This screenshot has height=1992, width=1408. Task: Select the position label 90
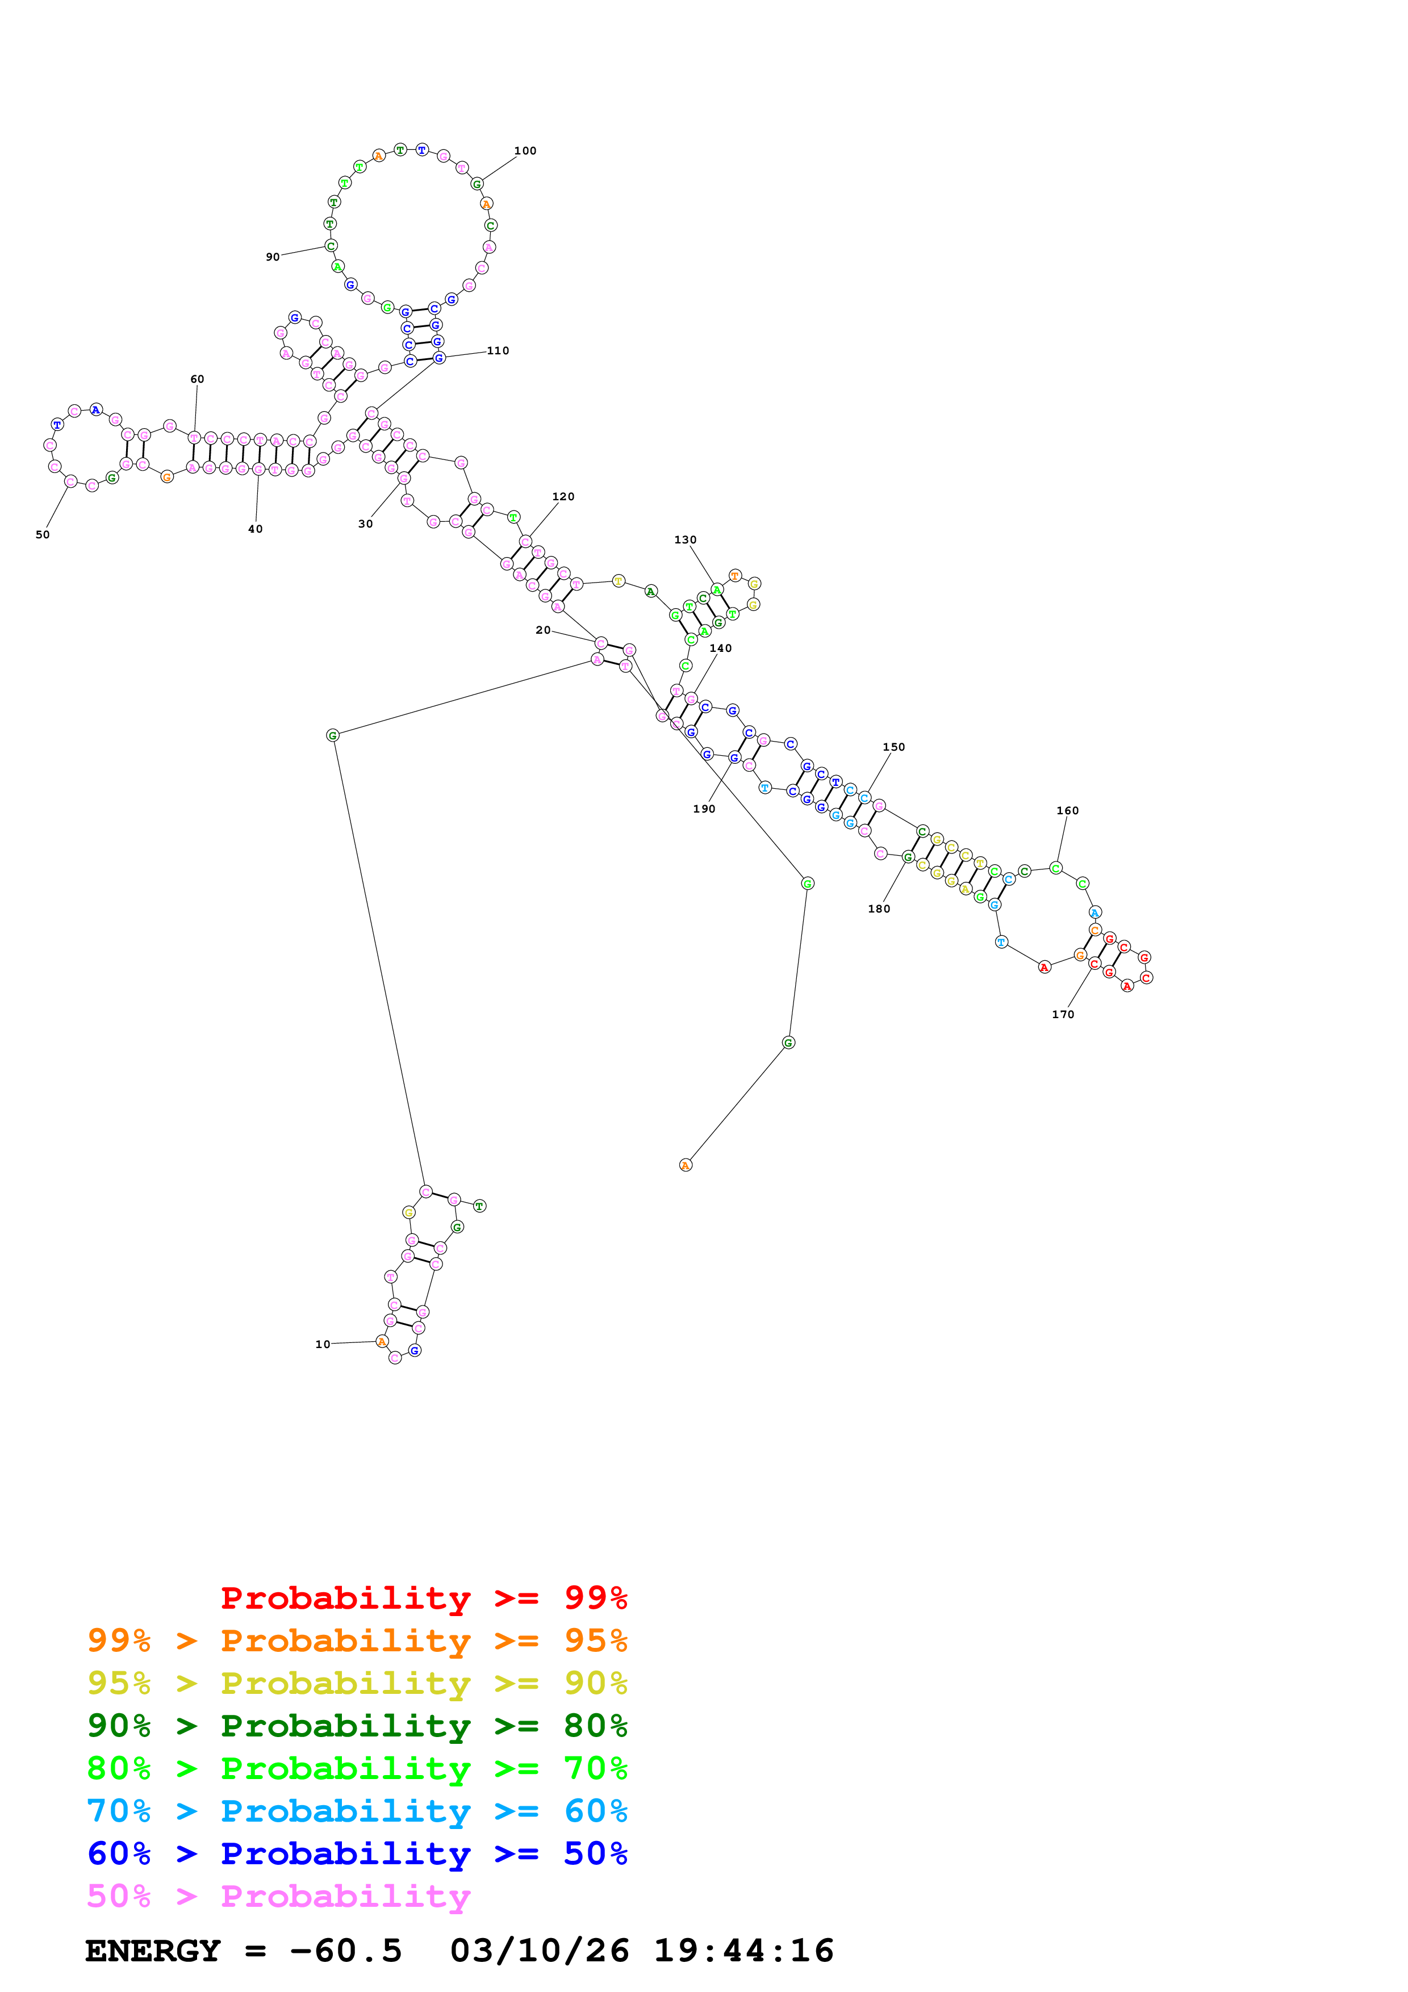pos(273,257)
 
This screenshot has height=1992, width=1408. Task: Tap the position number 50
pos(43,534)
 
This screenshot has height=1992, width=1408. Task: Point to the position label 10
pos(323,1344)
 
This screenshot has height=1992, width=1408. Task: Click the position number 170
pos(1063,1014)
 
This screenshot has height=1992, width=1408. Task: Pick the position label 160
pos(1067,810)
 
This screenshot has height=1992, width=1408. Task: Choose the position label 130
pos(686,539)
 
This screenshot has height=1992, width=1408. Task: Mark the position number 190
pos(704,809)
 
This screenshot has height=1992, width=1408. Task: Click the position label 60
pos(197,379)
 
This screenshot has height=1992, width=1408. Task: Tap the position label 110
pos(498,350)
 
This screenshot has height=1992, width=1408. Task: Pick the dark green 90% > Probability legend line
pos(357,1726)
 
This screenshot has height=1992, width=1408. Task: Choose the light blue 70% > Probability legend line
pos(357,1811)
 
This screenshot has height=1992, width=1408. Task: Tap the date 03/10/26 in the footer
pos(539,1951)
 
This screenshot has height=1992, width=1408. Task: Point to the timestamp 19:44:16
pos(743,1951)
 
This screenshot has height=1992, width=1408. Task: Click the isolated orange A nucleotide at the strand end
pos(686,1165)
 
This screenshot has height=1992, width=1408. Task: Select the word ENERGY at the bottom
pos(153,1951)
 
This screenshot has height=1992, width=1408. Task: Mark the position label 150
pos(893,747)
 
